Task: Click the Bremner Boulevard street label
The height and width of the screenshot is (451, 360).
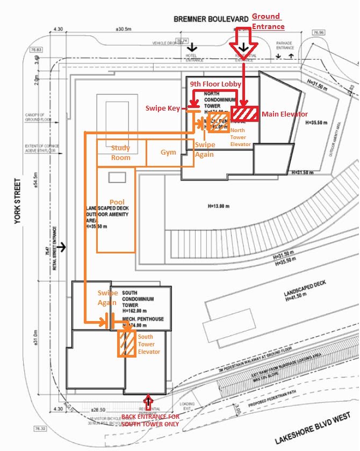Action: [210, 19]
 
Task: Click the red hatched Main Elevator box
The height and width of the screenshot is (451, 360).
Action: [245, 114]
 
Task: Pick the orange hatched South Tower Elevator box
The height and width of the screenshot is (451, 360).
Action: [126, 343]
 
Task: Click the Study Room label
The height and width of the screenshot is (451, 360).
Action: [120, 152]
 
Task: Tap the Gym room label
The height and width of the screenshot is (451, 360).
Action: [168, 152]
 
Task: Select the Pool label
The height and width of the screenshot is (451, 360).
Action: [117, 202]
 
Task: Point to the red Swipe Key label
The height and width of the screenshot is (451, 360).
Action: [162, 108]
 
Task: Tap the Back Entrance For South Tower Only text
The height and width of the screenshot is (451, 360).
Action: [149, 420]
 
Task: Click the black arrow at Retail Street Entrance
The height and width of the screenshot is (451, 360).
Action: [64, 248]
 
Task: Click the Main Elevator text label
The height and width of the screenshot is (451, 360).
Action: [285, 114]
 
